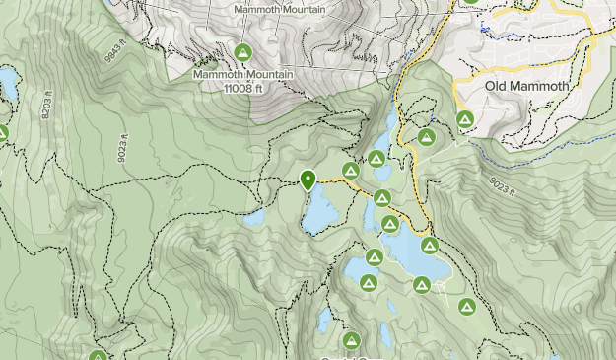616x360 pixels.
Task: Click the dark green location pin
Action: coord(308,179)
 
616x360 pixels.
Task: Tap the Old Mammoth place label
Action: coord(528,87)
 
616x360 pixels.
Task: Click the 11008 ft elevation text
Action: coord(242,87)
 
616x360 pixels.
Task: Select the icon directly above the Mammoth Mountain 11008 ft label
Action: coord(242,52)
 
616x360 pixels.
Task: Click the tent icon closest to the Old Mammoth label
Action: coord(464,120)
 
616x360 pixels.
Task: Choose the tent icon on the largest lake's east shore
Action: coord(429,245)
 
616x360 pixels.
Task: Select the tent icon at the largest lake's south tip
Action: coord(422,285)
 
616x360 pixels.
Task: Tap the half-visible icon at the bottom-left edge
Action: coord(98,355)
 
